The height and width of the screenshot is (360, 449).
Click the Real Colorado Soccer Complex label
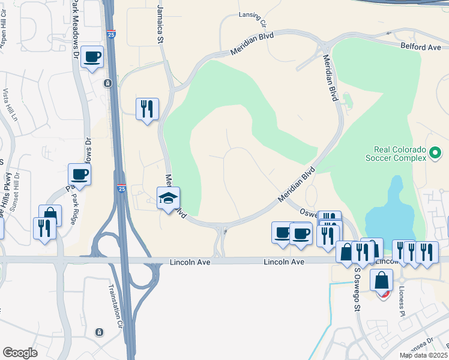[x=396, y=154]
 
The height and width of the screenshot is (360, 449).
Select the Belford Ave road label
[x=421, y=46]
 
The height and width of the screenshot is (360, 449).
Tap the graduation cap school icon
[x=169, y=197]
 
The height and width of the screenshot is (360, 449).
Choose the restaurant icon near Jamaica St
[x=147, y=109]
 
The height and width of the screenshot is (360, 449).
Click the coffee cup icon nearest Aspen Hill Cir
[x=92, y=57]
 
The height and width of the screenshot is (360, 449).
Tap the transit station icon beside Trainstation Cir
[x=100, y=332]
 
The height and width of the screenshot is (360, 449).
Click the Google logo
[x=20, y=353]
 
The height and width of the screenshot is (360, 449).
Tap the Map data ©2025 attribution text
[x=424, y=355]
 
